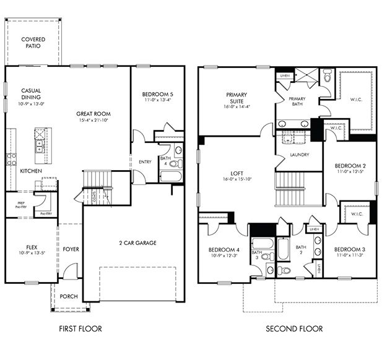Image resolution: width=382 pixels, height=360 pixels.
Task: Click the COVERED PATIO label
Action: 33,43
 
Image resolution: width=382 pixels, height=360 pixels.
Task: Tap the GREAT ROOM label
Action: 93,114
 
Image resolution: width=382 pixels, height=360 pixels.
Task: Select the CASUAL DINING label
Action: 31,93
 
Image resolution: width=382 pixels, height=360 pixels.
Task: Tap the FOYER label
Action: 71,250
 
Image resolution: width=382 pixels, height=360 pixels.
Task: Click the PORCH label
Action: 69,296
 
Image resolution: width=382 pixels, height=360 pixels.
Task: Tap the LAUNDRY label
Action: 291,155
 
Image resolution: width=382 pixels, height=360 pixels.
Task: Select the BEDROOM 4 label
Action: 223,249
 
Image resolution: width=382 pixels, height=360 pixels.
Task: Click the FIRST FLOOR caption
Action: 80,328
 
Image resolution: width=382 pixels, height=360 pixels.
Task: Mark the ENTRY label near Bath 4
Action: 145,162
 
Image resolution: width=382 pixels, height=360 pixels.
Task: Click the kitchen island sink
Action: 38,145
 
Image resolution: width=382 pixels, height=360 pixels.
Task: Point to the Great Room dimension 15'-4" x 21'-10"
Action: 93,120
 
